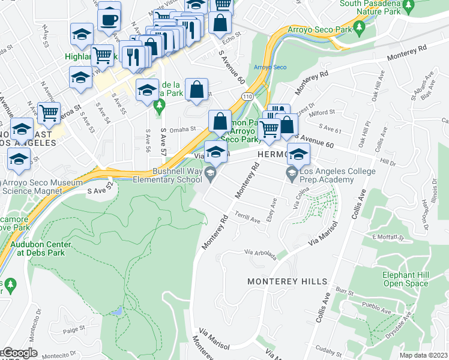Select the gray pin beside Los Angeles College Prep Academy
click(x=292, y=175)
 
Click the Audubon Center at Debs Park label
click(x=40, y=248)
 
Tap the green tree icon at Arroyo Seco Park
click(x=359, y=28)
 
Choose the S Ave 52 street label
click(x=100, y=190)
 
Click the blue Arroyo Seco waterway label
click(x=267, y=67)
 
